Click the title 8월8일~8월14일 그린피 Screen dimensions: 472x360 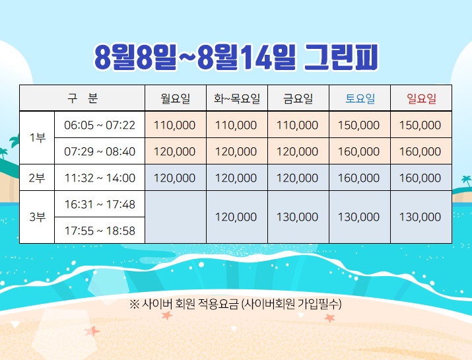click(x=236, y=57)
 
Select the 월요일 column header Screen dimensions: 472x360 click(x=175, y=98)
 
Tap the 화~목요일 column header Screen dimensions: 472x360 click(x=237, y=98)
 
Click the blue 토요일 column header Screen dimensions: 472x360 click(x=360, y=98)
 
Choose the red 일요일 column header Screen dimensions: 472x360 click(x=421, y=98)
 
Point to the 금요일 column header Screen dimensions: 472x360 click(x=298, y=98)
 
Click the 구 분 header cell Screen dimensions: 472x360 click(x=83, y=98)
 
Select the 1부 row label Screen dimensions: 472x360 click(x=38, y=137)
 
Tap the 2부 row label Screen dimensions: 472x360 click(x=37, y=178)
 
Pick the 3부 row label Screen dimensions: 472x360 click(x=38, y=217)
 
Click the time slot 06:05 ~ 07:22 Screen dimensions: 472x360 click(x=100, y=125)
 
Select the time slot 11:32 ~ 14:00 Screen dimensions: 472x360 click(x=100, y=178)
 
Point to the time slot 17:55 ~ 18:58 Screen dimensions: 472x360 click(x=100, y=231)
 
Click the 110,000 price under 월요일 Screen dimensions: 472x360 click(x=174, y=125)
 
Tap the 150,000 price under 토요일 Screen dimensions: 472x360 click(x=359, y=125)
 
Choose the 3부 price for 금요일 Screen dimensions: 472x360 click(x=298, y=217)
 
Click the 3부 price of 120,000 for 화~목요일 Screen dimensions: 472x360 click(x=236, y=217)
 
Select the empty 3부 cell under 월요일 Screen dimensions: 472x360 click(x=176, y=217)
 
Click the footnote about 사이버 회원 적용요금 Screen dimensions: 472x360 click(x=236, y=304)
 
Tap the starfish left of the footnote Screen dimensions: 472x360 click(x=167, y=316)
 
